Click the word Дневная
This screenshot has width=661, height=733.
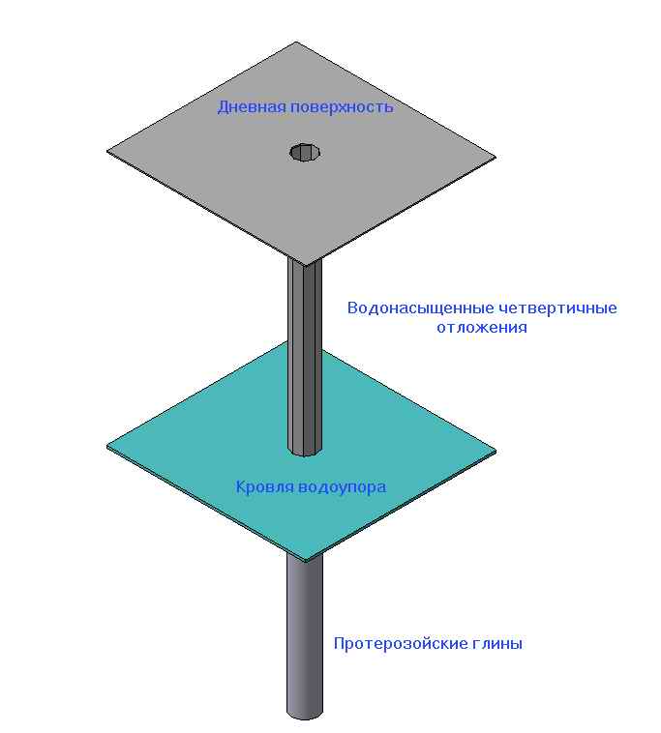point(252,107)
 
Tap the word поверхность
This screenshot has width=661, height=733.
point(342,108)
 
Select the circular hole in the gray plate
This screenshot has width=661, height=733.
point(305,153)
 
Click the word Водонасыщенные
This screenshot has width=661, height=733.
point(421,308)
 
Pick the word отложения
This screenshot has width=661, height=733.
point(482,327)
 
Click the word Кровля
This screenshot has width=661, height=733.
point(264,487)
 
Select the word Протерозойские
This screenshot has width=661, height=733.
point(401,644)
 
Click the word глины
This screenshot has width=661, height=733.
point(497,644)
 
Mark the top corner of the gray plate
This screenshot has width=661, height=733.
point(296,43)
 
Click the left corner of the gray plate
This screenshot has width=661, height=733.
point(107,151)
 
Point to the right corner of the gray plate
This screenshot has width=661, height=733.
point(496,158)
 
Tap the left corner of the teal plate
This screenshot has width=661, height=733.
point(107,447)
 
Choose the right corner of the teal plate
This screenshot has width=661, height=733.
point(496,451)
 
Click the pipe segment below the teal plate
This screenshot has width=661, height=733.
point(305,636)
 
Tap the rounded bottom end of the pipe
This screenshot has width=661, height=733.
point(305,716)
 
